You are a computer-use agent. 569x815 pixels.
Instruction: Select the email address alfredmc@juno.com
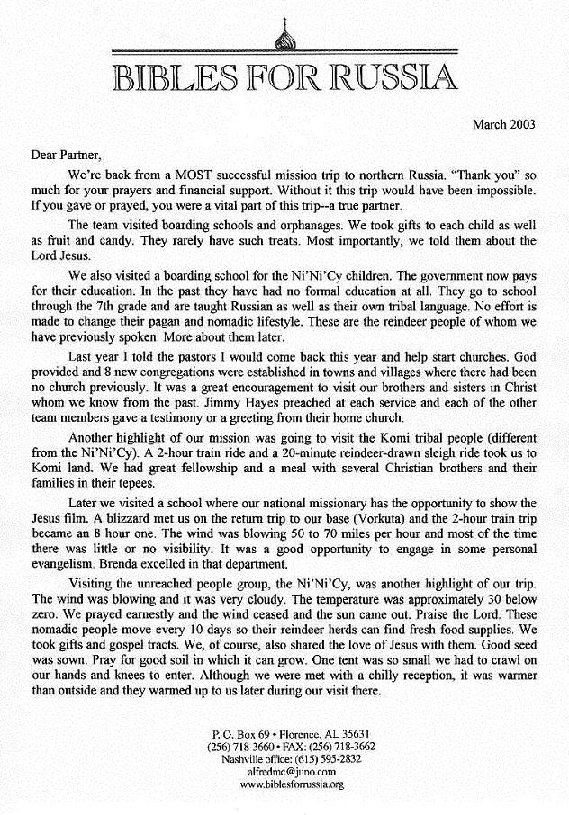[x=284, y=772]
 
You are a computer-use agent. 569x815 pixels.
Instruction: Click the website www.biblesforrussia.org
[x=284, y=784]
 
